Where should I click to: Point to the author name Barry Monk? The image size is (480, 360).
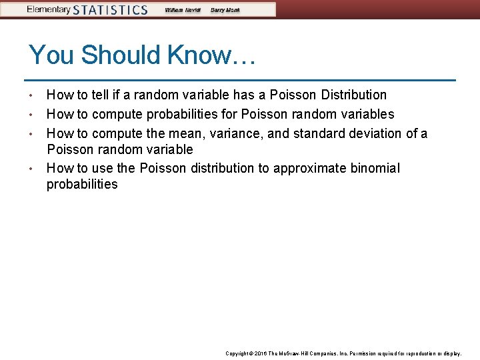point(226,10)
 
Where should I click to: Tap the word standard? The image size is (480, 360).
point(316,133)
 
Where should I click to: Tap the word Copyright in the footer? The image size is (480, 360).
point(237,353)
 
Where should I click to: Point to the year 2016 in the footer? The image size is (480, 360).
point(262,353)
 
